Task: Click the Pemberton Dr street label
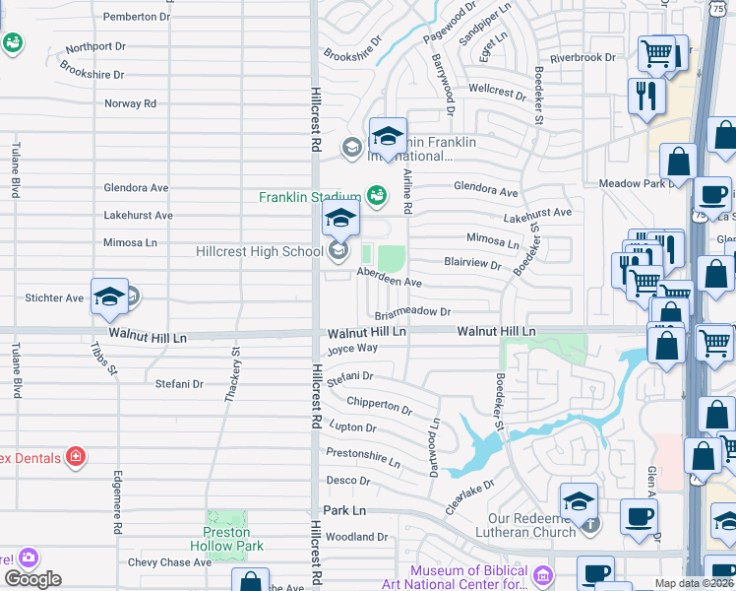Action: pyautogui.click(x=136, y=17)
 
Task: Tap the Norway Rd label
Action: pyautogui.click(x=130, y=102)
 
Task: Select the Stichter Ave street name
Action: pyautogui.click(x=54, y=297)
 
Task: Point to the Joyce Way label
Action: pyautogui.click(x=352, y=348)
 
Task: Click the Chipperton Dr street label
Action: pyautogui.click(x=379, y=405)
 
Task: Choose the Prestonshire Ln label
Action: pyautogui.click(x=363, y=460)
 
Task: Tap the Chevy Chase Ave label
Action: pyautogui.click(x=169, y=562)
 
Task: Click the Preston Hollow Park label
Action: pyautogui.click(x=226, y=539)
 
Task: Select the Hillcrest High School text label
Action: pyautogui.click(x=261, y=251)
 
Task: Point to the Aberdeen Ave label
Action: pyautogui.click(x=389, y=281)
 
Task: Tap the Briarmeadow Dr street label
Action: pyautogui.click(x=412, y=312)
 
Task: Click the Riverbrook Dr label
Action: pyautogui.click(x=583, y=58)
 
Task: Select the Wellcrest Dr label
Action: pyautogui.click(x=497, y=91)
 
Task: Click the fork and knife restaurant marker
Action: pyautogui.click(x=646, y=97)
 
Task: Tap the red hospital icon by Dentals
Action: pyautogui.click(x=75, y=457)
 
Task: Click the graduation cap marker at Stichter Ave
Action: pyautogui.click(x=109, y=297)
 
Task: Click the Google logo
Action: pyautogui.click(x=32, y=579)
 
